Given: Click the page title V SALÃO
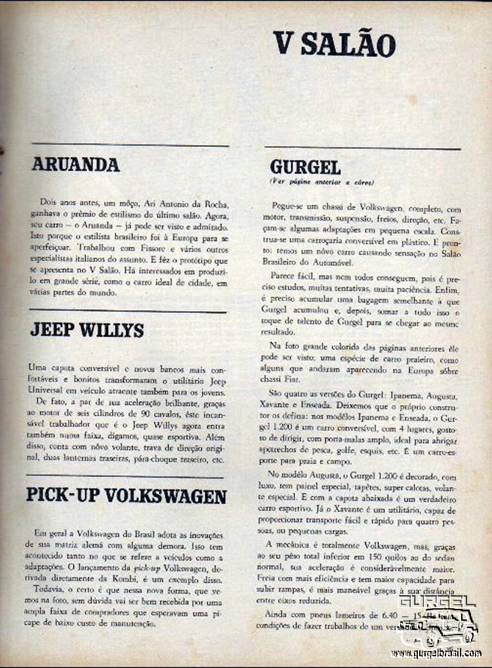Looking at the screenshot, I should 334,45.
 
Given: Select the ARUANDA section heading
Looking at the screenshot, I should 75,165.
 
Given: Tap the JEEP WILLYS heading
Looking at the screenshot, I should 87,330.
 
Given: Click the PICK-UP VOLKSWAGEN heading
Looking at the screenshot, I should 126,495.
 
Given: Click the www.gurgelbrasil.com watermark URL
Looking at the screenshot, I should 436,654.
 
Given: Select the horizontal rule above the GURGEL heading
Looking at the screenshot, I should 362,148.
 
